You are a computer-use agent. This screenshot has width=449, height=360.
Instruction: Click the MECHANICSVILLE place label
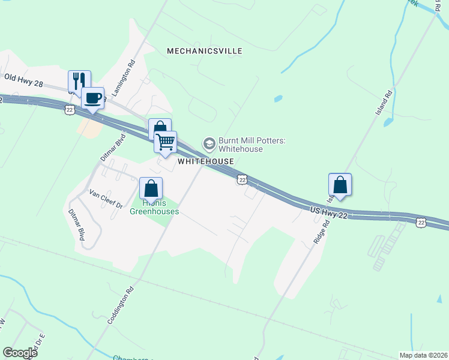point(205,51)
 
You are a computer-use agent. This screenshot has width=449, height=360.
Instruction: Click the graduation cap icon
point(209,143)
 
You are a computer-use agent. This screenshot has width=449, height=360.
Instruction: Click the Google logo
point(20,353)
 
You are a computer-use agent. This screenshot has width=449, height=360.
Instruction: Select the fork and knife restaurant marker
point(79,81)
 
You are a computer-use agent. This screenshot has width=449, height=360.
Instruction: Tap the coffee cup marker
point(92,98)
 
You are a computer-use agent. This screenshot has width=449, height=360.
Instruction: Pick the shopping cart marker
point(165,142)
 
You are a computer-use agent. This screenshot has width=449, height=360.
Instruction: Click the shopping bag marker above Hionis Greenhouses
point(151,188)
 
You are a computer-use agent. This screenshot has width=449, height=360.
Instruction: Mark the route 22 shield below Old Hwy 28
point(70,109)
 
